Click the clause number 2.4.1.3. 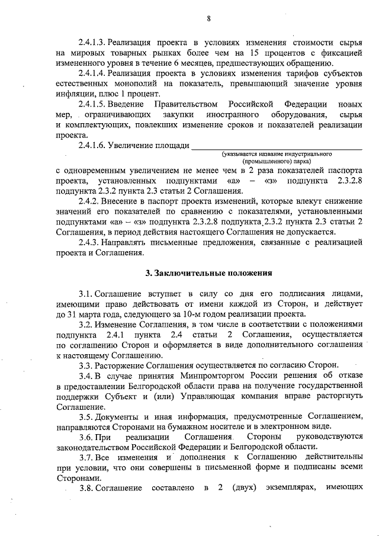[x=92, y=43]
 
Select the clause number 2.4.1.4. [x=92, y=73]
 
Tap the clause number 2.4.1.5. [x=92, y=104]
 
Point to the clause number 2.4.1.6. [x=92, y=145]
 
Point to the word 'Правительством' [x=172, y=104]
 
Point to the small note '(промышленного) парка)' [x=277, y=161]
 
